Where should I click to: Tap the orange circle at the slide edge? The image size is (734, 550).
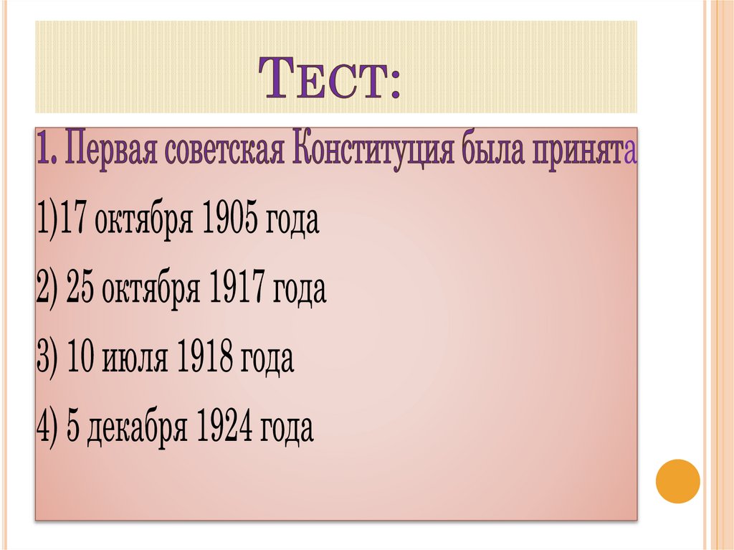[x=677, y=480]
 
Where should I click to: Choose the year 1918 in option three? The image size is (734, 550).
[x=207, y=359]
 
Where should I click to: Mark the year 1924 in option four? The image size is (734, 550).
[x=227, y=428]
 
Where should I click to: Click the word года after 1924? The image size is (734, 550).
[x=287, y=428]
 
